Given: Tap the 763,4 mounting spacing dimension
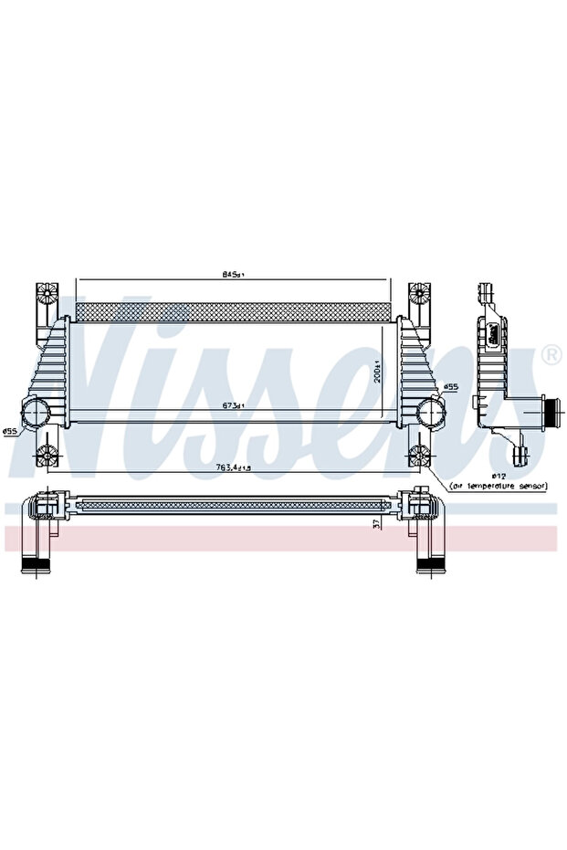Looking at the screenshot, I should coord(234,467).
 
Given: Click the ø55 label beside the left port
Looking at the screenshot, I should coord(10,431).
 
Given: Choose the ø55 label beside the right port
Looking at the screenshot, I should coord(450,387).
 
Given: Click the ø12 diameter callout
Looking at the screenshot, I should coord(499,475).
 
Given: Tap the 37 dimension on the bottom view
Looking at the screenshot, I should coord(377,522).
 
